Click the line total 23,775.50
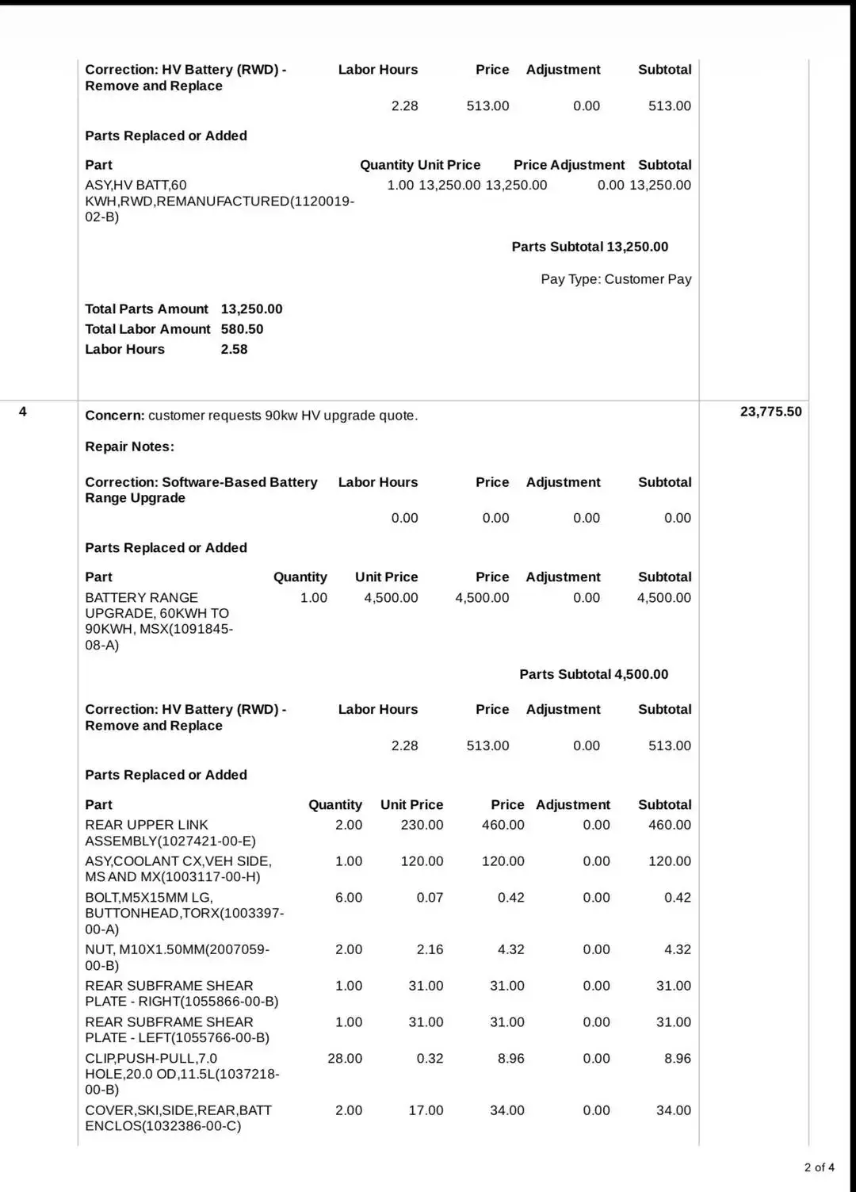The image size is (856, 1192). (770, 412)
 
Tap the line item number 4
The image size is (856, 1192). (23, 412)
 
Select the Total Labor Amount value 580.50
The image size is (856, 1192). (242, 329)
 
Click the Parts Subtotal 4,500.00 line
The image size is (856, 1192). (594, 674)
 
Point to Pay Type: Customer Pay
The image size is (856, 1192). (616, 279)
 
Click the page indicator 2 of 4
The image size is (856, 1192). (819, 1167)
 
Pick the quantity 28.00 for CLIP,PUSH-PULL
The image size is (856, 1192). (345, 1059)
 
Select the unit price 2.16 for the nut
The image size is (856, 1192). (430, 949)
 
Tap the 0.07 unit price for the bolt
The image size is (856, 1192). (430, 898)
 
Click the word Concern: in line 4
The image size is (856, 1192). (115, 416)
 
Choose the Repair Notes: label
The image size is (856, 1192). (129, 447)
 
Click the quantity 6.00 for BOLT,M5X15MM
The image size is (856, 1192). (348, 898)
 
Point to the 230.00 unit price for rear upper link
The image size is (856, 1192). (422, 825)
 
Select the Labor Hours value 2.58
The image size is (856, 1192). (234, 350)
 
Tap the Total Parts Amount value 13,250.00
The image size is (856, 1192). (251, 309)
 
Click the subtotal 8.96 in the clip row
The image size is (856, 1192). (677, 1059)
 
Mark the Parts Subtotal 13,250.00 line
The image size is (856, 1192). (590, 247)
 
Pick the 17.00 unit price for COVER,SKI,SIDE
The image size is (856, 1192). (426, 1110)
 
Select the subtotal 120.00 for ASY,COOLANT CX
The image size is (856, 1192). (669, 861)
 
